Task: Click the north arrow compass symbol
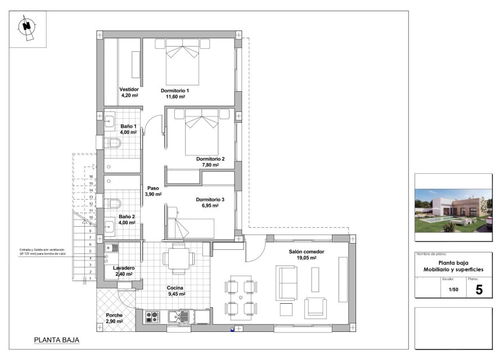click(x=27, y=27)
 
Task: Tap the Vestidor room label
click(x=129, y=89)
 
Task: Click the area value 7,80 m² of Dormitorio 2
click(x=210, y=165)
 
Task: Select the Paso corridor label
click(x=153, y=188)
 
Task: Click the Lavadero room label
click(x=124, y=268)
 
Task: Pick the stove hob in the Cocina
click(x=152, y=317)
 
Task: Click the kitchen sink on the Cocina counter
click(x=181, y=317)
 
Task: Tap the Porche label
click(x=114, y=315)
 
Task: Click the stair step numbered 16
click(x=91, y=177)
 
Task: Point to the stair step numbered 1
click(x=91, y=278)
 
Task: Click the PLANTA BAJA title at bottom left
click(x=56, y=340)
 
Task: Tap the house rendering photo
click(x=453, y=210)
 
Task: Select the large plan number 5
click(x=479, y=290)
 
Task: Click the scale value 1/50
click(x=453, y=290)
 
